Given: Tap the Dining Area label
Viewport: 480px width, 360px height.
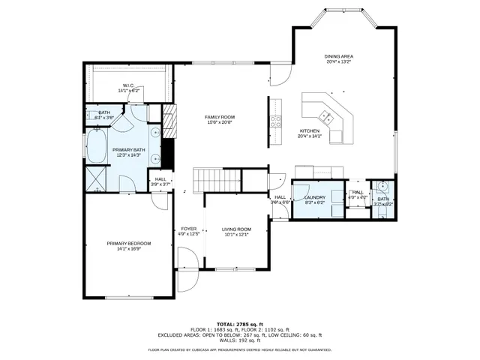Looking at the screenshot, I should click(x=339, y=57).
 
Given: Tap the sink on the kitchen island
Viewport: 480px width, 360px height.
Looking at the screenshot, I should click(x=327, y=115).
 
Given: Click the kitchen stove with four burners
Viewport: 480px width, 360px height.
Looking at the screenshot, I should click(x=275, y=121).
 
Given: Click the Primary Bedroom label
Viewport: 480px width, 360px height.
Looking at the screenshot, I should click(x=128, y=244).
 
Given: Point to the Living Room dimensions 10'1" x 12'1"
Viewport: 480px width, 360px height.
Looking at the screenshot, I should click(x=235, y=235).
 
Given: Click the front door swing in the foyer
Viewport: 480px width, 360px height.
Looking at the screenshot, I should click(x=188, y=259).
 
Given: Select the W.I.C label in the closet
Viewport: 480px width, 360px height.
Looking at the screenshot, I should click(x=128, y=85).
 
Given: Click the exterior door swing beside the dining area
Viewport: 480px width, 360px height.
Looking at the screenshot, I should click(x=278, y=73).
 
